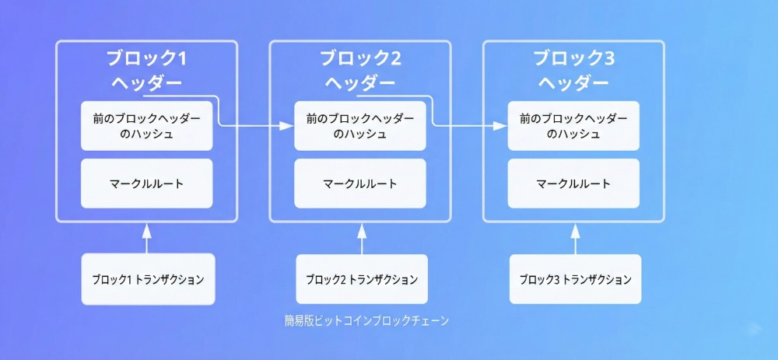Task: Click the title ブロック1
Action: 146,59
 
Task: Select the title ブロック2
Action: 360,59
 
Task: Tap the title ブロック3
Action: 573,59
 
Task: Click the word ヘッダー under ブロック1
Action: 146,82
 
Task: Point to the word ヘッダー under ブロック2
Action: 360,82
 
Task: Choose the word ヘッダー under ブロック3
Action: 573,82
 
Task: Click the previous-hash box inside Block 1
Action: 146,125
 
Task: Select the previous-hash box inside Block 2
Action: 360,125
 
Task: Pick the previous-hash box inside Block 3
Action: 573,125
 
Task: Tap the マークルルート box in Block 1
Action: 146,183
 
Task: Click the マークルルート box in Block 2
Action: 360,183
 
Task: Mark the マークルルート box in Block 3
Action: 573,183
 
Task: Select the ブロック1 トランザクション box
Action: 148,279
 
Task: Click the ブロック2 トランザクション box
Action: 362,279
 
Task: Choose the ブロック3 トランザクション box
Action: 575,279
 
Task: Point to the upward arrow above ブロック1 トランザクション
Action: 147,238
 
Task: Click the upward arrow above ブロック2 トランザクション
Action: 361,238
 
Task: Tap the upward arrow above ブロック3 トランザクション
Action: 575,238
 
